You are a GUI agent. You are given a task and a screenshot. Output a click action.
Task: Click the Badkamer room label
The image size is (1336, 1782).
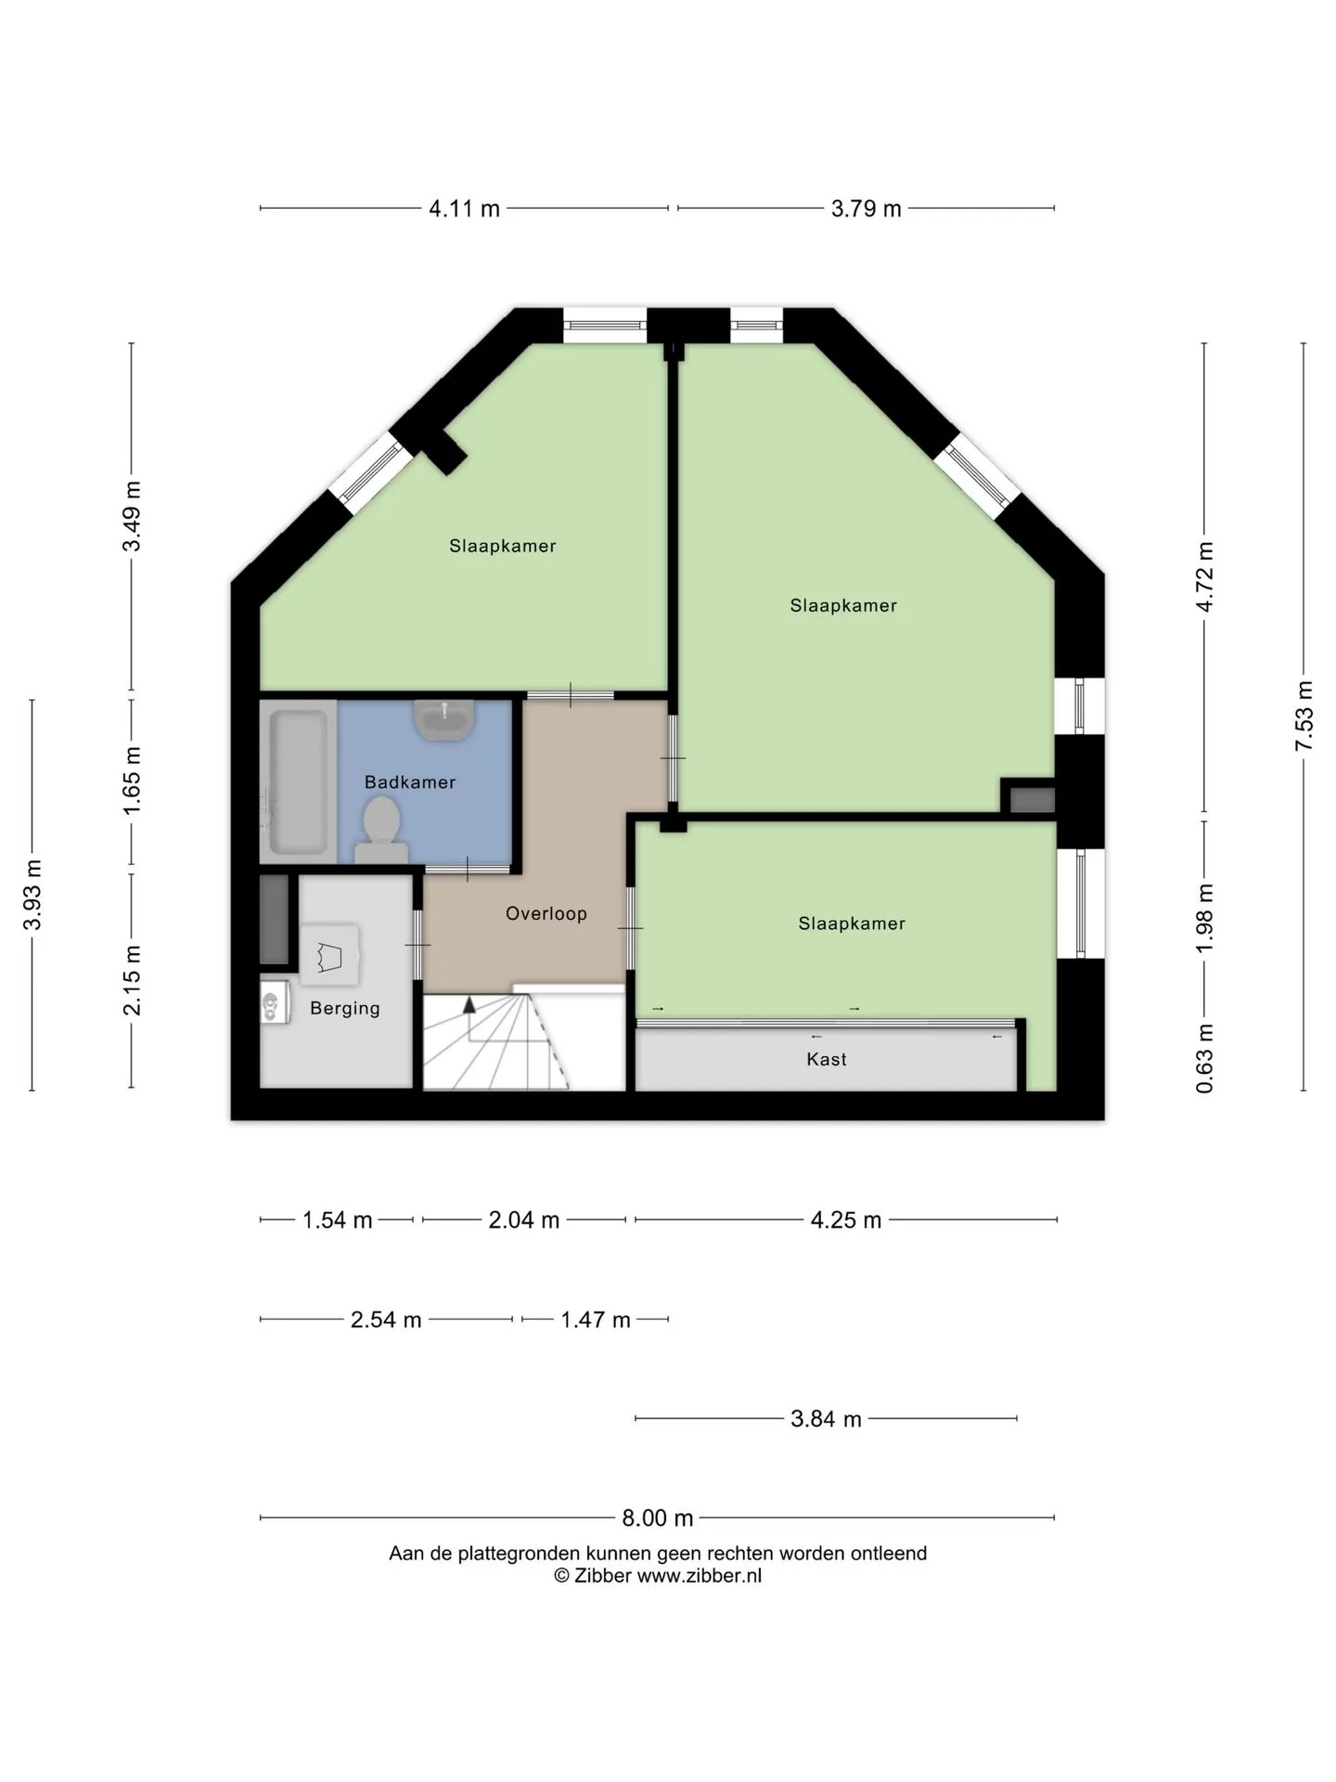pyautogui.click(x=410, y=782)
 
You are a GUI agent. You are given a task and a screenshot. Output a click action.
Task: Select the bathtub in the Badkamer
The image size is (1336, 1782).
pyautogui.click(x=298, y=781)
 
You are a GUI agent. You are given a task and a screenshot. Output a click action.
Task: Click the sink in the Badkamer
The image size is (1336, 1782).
pyautogui.click(x=445, y=720)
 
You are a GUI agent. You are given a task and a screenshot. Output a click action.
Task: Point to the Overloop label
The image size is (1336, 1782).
pyautogui.click(x=546, y=913)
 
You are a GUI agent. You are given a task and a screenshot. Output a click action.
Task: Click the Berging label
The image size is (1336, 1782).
pyautogui.click(x=345, y=1008)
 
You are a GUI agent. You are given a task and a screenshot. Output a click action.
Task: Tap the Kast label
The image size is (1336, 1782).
pyautogui.click(x=827, y=1059)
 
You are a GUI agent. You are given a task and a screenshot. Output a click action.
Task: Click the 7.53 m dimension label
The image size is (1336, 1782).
pyautogui.click(x=1304, y=716)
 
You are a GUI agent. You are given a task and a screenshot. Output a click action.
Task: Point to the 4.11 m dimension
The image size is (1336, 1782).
pyautogui.click(x=464, y=209)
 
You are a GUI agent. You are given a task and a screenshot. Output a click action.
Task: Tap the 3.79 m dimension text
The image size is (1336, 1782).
pyautogui.click(x=866, y=209)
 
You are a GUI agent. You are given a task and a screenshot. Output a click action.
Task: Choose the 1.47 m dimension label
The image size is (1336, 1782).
pyautogui.click(x=596, y=1320)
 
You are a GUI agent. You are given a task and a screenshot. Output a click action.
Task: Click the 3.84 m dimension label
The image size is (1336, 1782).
pyautogui.click(x=826, y=1419)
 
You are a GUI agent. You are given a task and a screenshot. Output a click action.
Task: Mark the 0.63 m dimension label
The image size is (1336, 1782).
pyautogui.click(x=1204, y=1058)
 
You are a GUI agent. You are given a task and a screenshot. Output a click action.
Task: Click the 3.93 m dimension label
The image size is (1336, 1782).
pyautogui.click(x=32, y=895)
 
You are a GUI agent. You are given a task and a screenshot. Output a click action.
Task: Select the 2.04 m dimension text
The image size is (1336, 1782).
pyautogui.click(x=524, y=1220)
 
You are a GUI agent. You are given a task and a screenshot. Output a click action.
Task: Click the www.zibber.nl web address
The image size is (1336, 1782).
pyautogui.click(x=699, y=1576)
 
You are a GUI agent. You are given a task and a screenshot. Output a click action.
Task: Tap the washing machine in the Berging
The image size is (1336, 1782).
pyautogui.click(x=275, y=1003)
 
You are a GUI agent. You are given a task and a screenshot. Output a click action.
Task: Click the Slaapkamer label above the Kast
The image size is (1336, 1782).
pyautogui.click(x=852, y=923)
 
